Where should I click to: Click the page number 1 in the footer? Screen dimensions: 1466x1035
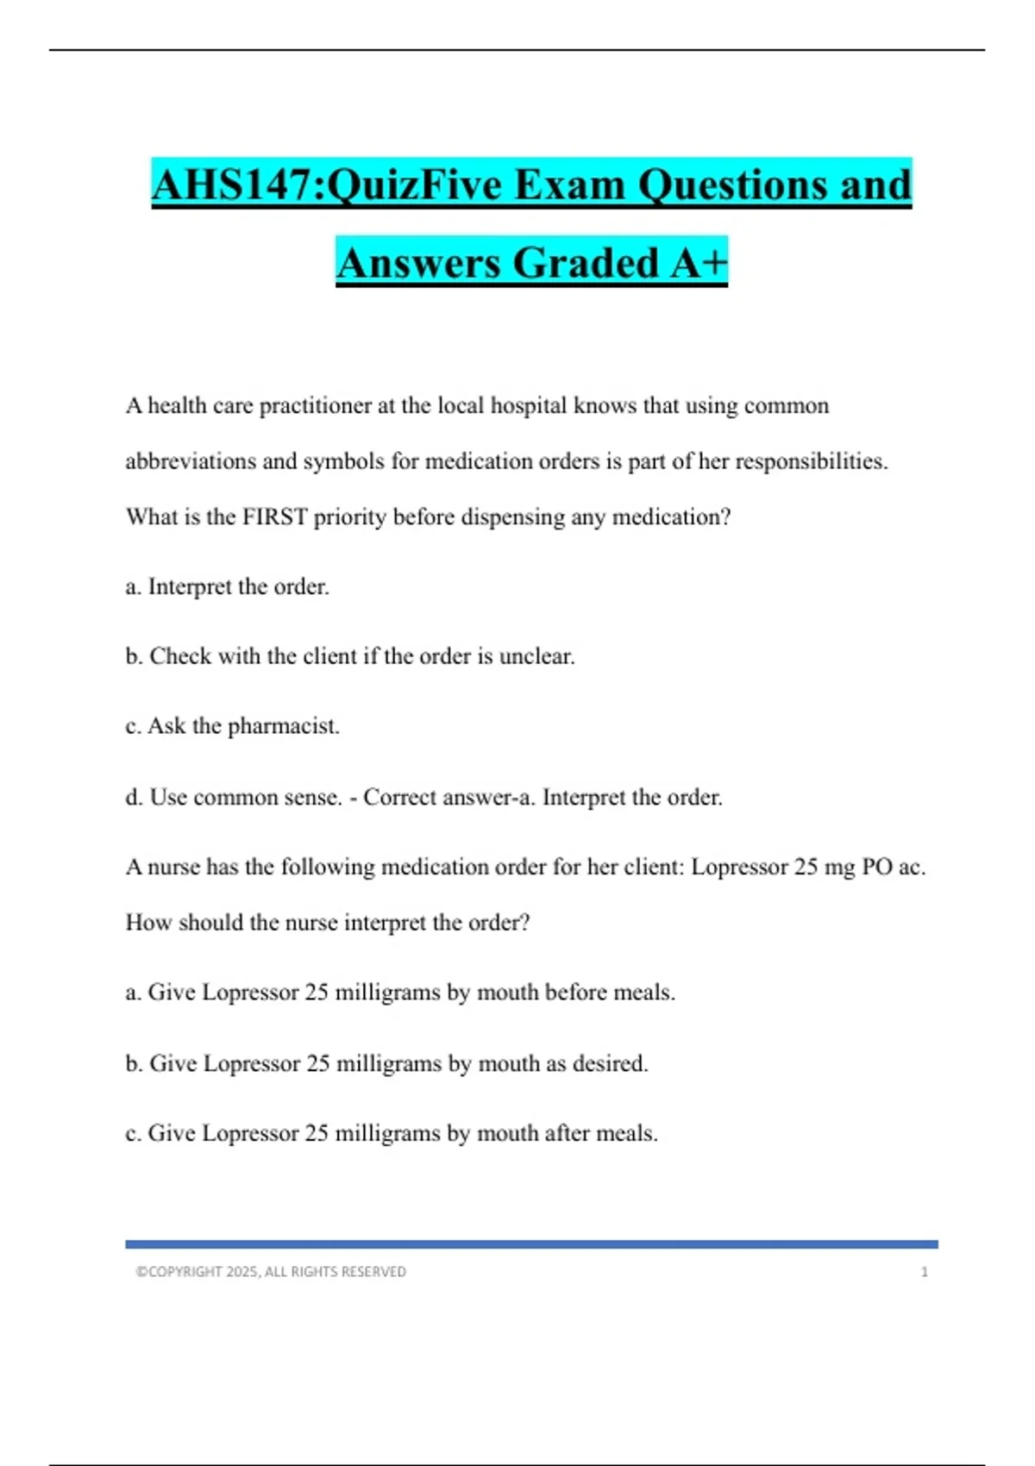[x=924, y=1272]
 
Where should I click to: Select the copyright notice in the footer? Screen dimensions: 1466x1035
[x=271, y=1272]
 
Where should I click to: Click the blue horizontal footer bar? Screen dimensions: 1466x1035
[x=531, y=1244]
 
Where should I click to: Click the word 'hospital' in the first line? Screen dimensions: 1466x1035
[x=528, y=405]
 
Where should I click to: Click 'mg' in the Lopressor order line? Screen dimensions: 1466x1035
[x=839, y=867]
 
